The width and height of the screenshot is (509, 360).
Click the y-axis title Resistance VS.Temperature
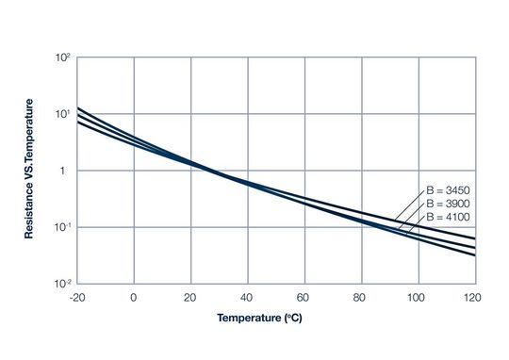pyautogui.click(x=29, y=170)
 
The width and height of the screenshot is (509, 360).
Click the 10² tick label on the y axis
pyautogui.click(x=63, y=58)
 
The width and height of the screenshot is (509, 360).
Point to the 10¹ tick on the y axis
pyautogui.click(x=63, y=115)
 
